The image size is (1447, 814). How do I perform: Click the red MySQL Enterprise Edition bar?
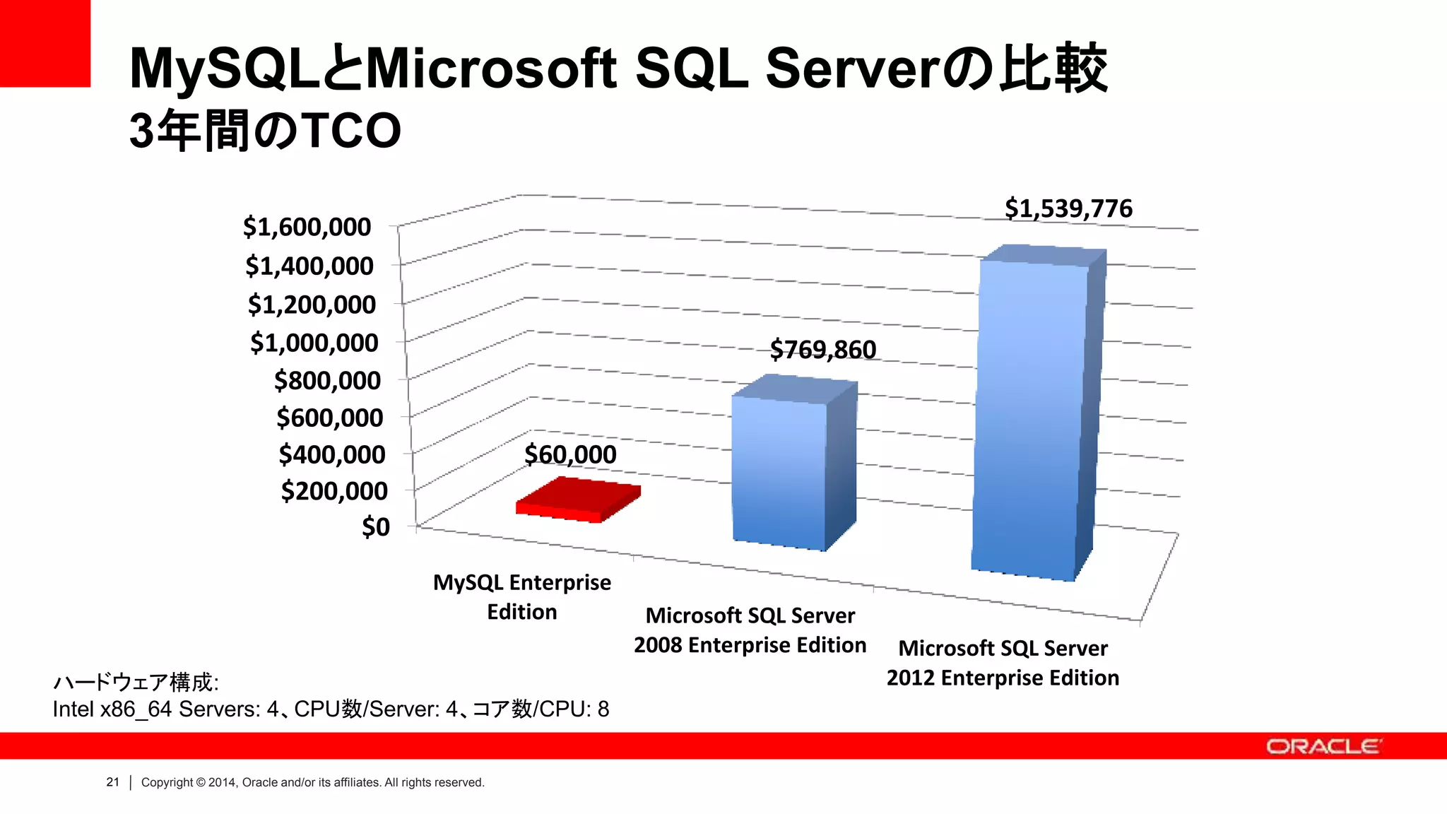click(578, 500)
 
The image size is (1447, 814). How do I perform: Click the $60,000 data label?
click(570, 454)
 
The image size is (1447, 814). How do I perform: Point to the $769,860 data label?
click(823, 349)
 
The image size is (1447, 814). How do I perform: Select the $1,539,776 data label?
click(1068, 208)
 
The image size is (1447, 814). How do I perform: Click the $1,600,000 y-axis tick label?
click(307, 227)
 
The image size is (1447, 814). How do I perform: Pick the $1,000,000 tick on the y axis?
click(314, 343)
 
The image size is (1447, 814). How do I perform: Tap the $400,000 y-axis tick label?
click(332, 454)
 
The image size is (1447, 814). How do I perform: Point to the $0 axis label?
click(376, 526)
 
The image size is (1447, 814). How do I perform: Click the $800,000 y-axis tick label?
click(327, 380)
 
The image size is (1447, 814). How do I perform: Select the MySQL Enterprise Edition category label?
click(522, 596)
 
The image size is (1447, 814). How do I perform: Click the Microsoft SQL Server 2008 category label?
click(750, 630)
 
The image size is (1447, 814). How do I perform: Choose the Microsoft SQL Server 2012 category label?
click(1003, 663)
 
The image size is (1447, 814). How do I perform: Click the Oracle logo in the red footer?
click(1323, 746)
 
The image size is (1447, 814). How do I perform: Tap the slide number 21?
click(113, 782)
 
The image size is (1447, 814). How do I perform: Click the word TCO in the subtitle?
click(352, 131)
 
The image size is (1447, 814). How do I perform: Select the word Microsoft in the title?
click(491, 69)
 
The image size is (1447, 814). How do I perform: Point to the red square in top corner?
click(45, 43)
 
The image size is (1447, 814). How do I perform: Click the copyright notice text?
click(313, 782)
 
